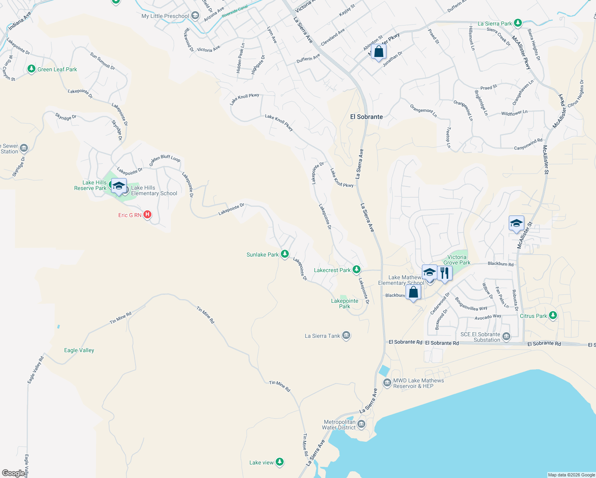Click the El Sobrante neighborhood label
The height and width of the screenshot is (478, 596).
(x=366, y=117)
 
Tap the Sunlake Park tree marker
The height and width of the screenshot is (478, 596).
(x=284, y=254)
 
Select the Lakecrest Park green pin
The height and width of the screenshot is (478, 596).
(x=356, y=270)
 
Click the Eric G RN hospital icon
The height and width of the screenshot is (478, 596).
(x=147, y=215)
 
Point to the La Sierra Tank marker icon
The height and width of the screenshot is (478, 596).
(x=346, y=335)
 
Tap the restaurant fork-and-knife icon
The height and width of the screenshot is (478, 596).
(x=444, y=273)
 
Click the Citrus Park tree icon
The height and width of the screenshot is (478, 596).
(x=553, y=315)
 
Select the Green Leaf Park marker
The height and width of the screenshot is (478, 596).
(x=31, y=69)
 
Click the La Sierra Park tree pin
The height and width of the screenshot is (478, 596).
(x=518, y=23)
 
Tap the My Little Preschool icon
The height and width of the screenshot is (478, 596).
(x=195, y=16)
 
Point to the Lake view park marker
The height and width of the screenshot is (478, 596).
(x=280, y=462)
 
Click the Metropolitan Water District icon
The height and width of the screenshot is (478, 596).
(x=361, y=424)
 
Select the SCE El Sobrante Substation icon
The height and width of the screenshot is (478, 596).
(x=506, y=337)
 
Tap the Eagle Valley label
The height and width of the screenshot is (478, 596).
(x=79, y=350)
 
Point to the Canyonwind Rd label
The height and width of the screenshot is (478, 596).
(x=528, y=144)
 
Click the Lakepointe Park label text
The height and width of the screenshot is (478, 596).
(x=344, y=304)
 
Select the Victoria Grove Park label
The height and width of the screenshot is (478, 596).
(x=457, y=260)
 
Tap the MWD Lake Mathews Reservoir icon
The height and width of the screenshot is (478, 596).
(x=387, y=383)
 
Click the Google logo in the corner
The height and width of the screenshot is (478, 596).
(x=14, y=473)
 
